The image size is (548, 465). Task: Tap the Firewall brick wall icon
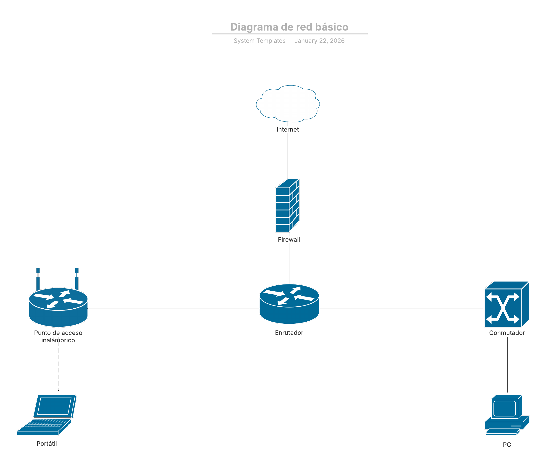tap(287, 205)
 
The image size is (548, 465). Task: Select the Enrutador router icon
tap(289, 304)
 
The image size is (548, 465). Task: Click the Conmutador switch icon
tap(506, 305)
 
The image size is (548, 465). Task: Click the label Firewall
tap(289, 239)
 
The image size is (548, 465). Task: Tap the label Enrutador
tap(289, 333)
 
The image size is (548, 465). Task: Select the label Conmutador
tap(507, 333)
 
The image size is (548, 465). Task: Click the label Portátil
tap(47, 444)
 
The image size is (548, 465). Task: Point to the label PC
tap(507, 445)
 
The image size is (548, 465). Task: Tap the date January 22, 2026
tap(319, 41)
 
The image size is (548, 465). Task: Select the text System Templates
tap(260, 41)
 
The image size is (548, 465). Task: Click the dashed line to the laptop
tap(58, 369)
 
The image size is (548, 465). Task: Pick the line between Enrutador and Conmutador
tap(401, 308)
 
